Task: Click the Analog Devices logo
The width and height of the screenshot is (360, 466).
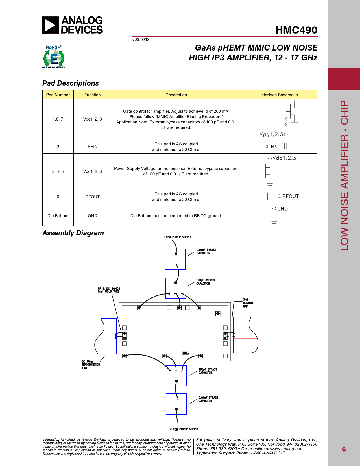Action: coord(72,25)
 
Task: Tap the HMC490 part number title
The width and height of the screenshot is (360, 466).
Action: coord(296,30)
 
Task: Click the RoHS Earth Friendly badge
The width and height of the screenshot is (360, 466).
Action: coord(54,56)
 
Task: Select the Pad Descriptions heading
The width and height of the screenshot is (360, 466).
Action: coord(71,83)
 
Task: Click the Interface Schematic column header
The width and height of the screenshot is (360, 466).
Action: coord(279,95)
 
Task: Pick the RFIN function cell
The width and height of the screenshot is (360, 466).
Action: coord(92,147)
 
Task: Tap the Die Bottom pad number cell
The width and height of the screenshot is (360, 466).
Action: coord(58,216)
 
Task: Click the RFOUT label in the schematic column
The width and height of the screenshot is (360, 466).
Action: coord(291,196)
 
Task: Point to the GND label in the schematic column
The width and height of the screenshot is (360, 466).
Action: coord(282,209)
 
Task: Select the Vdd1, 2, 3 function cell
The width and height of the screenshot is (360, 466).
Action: coord(92,171)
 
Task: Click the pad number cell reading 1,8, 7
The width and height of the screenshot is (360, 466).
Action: coord(58,119)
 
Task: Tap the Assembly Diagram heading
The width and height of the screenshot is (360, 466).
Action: coord(73,233)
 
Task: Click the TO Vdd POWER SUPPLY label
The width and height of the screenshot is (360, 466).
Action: coord(176,237)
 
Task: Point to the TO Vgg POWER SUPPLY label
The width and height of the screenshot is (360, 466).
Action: coord(183,429)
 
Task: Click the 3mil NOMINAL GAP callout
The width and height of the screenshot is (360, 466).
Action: coord(248,303)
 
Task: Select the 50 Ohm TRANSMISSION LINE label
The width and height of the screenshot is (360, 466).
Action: coord(91,365)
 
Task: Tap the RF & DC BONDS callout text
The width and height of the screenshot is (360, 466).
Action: coord(109,290)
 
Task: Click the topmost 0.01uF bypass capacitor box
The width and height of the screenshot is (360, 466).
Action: coord(175,259)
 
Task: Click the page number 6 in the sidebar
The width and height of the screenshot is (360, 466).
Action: coord(344,449)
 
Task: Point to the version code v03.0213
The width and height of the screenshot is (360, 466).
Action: coord(141,40)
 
